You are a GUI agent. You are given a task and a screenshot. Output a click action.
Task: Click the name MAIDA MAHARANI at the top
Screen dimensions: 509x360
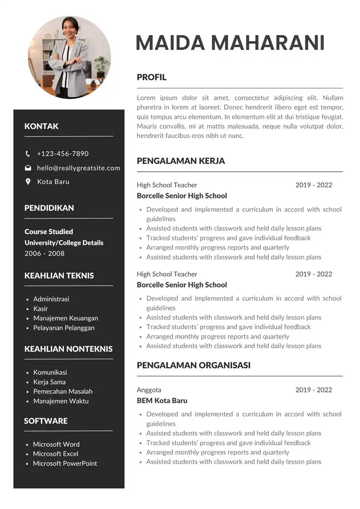point(230,43)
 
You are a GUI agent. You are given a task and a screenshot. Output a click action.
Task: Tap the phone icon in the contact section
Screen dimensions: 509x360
point(28,154)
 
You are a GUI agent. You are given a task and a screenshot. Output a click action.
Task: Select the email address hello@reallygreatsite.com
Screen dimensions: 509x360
point(78,168)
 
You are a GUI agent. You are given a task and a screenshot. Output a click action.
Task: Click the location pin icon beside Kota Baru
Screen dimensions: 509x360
point(28,182)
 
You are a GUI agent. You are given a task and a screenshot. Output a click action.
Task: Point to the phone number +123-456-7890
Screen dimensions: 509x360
point(63,154)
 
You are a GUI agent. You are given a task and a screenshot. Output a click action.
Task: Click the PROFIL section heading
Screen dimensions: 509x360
point(151,77)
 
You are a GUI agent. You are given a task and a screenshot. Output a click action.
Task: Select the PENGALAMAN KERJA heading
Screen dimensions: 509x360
point(181,161)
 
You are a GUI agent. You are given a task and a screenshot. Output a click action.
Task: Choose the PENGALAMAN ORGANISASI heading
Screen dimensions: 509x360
point(193,365)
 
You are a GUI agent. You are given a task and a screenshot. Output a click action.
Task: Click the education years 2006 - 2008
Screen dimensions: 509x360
point(44,253)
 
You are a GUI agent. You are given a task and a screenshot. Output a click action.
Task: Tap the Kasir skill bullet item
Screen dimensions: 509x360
point(40,308)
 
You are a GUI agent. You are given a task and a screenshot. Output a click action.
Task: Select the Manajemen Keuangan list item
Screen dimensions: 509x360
point(65,318)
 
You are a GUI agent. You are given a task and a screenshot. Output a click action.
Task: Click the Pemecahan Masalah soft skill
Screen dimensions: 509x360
point(63,391)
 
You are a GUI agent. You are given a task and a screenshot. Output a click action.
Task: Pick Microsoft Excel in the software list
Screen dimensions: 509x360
point(56,454)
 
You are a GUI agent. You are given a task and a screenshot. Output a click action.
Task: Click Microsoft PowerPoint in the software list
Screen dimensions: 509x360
point(65,463)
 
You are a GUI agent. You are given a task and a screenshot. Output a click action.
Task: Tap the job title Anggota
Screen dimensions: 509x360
point(149,390)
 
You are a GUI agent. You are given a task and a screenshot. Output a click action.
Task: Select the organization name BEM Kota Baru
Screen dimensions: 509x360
point(162,401)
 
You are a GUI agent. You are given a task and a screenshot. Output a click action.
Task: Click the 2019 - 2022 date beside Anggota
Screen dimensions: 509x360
point(313,390)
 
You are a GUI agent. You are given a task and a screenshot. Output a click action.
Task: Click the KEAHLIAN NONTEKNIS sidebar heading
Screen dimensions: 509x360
point(68,349)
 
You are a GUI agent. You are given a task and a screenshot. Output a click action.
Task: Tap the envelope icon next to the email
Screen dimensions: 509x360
point(28,168)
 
